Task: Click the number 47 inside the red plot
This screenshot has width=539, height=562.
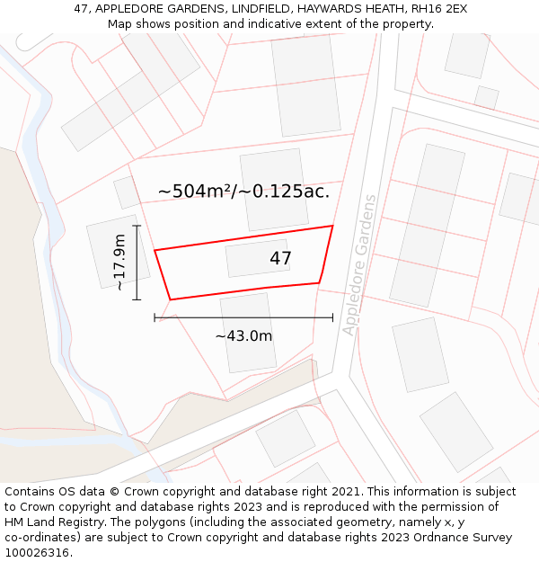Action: click(x=280, y=259)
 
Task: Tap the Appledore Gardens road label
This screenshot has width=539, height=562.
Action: click(x=359, y=264)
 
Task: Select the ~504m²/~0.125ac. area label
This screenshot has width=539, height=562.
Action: click(x=243, y=191)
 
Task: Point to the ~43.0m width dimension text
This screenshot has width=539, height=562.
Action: click(x=243, y=336)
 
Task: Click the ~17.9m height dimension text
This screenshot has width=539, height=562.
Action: click(x=119, y=262)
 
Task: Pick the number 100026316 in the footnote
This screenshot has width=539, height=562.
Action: click(x=39, y=553)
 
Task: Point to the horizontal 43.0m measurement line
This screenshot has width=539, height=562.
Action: click(x=243, y=317)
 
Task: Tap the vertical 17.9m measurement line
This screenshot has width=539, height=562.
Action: click(x=137, y=262)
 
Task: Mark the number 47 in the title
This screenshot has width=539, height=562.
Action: click(x=82, y=9)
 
